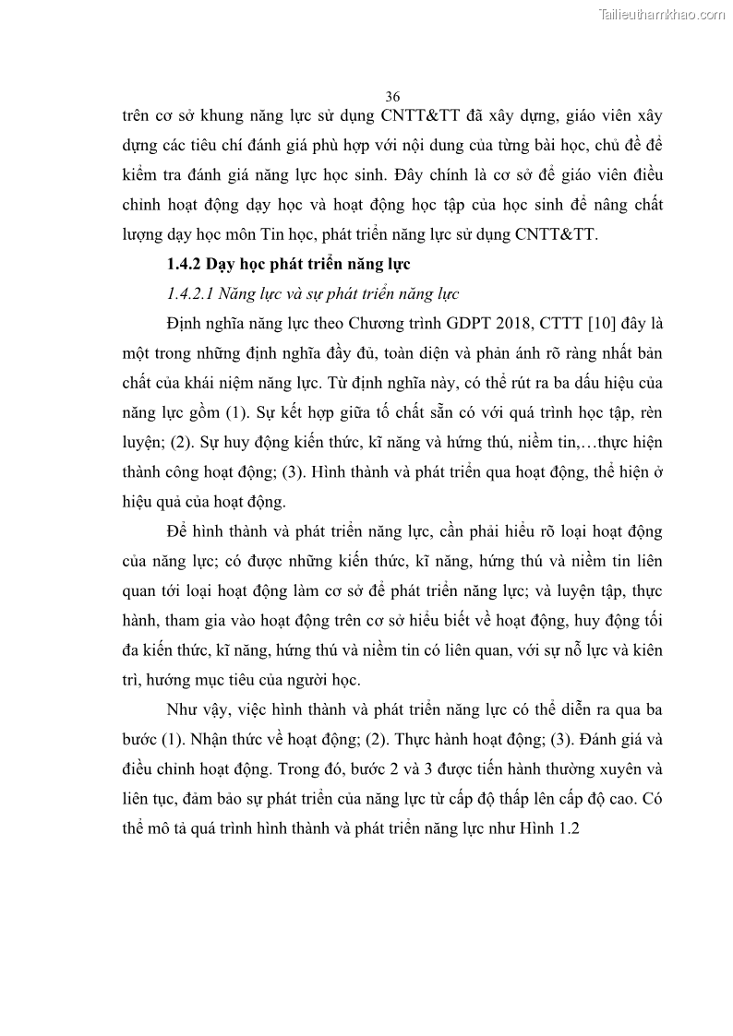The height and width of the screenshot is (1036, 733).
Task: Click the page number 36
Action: coord(392,96)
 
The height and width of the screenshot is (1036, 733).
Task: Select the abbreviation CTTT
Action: coord(539,324)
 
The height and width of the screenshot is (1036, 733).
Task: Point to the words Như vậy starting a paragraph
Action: coord(196,710)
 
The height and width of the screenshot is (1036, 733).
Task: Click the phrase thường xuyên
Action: coord(591,769)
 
